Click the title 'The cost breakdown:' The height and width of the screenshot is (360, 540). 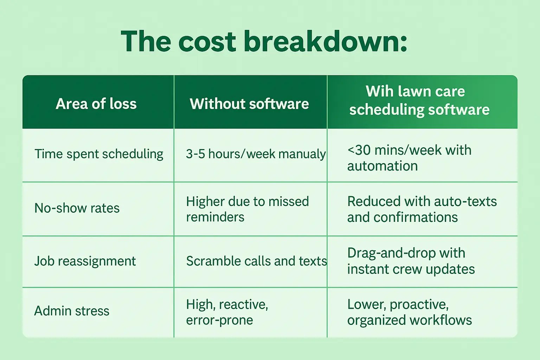pos(264,41)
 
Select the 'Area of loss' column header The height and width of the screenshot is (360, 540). pos(96,104)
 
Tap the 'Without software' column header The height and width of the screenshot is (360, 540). pos(249,104)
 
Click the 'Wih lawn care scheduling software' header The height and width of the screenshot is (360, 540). pos(419,101)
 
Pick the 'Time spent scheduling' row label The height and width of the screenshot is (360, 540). pos(99,154)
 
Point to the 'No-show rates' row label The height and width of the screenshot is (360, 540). pos(77,208)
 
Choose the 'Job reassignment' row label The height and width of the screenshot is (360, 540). pos(85,261)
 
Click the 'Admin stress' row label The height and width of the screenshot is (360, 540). pos(72,311)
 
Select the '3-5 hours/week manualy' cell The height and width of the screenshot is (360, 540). pos(256,154)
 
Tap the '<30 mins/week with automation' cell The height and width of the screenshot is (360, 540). pos(409,158)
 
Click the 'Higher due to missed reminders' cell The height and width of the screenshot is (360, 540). pos(247,209)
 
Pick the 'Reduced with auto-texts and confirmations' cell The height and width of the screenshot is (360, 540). pos(422,209)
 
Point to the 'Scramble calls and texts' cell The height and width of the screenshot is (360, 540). pos(256,261)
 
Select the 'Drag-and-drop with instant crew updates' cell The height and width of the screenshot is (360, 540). pos(411,261)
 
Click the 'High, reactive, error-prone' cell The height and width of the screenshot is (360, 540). pos(227,312)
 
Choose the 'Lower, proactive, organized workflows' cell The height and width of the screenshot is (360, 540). pos(410,312)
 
